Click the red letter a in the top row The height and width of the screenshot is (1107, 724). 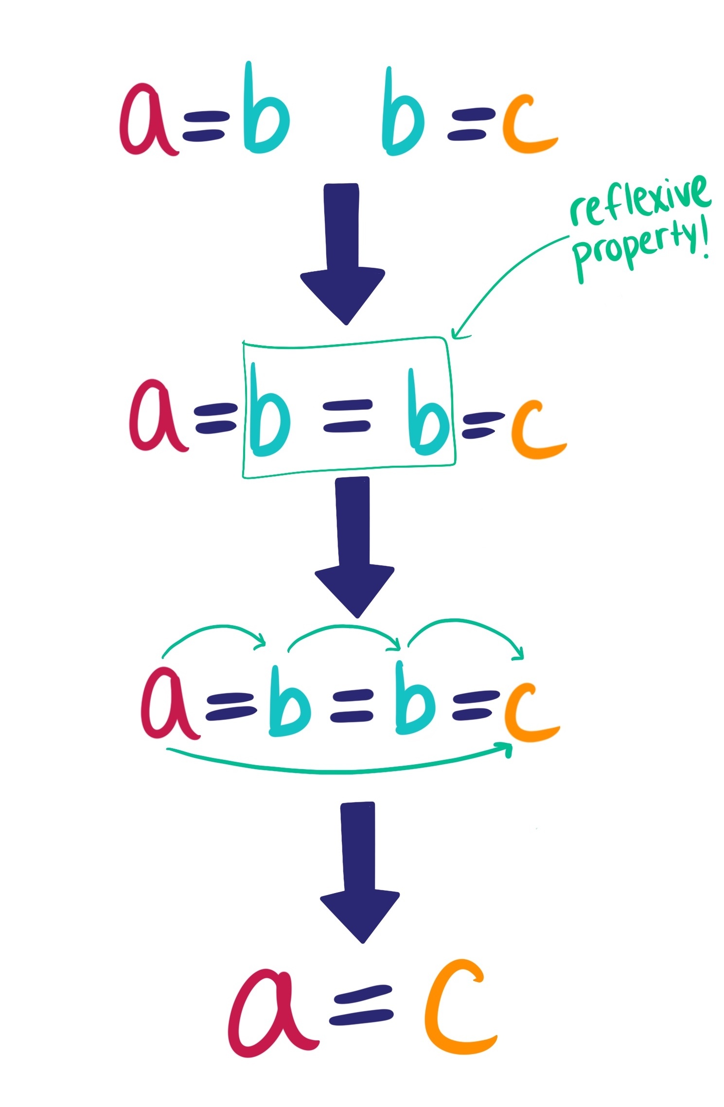(146, 122)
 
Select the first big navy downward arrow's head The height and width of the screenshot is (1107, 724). (343, 294)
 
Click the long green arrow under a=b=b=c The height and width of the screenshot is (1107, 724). (340, 771)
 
